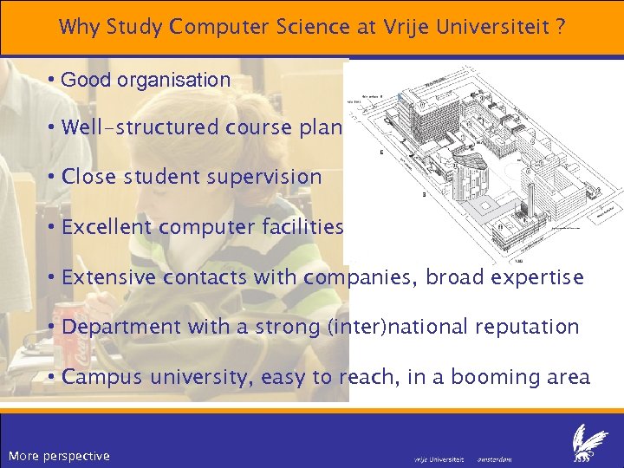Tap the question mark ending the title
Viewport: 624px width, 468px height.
(x=562, y=27)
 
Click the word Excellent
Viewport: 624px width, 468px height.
(x=109, y=228)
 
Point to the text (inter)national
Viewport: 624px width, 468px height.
(x=406, y=328)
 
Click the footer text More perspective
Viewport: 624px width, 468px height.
(x=59, y=456)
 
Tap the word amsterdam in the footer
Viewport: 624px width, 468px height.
(x=495, y=458)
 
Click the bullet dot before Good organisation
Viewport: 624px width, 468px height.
(x=53, y=81)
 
